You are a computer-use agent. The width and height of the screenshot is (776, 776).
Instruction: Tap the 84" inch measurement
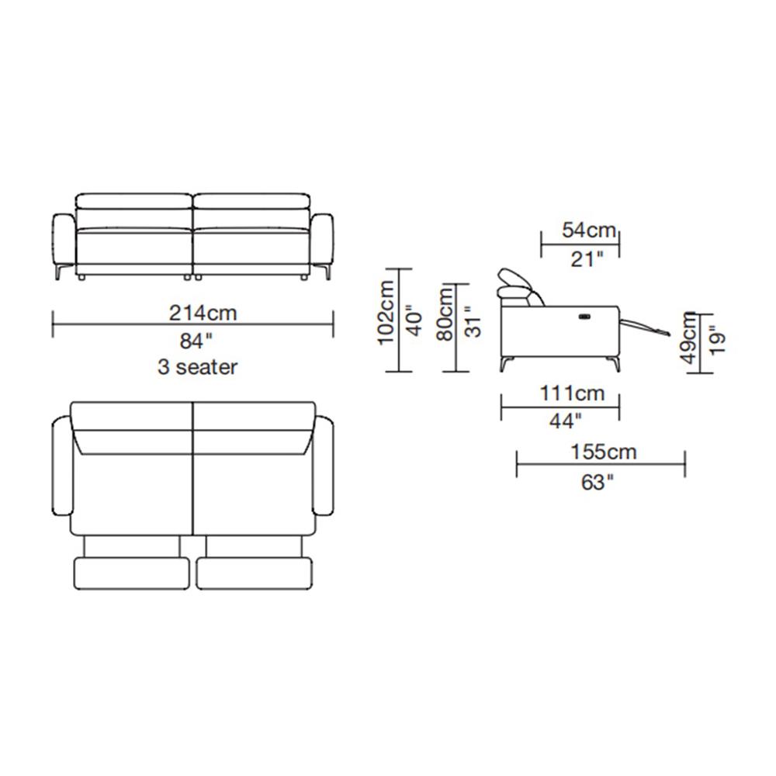tap(196, 341)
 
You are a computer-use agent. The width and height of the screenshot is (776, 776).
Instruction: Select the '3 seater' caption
tap(197, 367)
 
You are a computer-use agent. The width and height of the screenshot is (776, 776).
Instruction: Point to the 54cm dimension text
tap(589, 230)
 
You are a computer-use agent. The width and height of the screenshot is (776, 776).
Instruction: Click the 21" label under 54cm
tap(587, 258)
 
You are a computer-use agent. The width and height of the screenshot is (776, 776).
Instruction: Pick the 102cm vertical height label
tap(386, 313)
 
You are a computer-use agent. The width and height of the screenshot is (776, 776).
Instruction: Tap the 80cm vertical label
tap(445, 314)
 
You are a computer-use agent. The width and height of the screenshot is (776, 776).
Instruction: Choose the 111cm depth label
tap(572, 393)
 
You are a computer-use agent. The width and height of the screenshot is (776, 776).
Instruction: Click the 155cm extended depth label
tap(604, 452)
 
